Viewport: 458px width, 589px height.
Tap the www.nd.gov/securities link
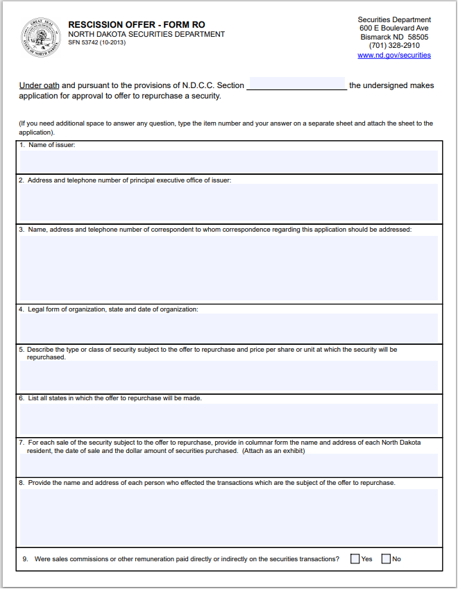[x=394, y=55]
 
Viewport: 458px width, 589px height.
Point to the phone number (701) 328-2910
[x=394, y=46]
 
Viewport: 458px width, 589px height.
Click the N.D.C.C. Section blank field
[x=296, y=85]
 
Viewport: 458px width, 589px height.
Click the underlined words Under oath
[x=40, y=85]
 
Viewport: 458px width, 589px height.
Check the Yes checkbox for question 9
[x=355, y=558]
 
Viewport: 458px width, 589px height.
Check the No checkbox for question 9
[x=386, y=558]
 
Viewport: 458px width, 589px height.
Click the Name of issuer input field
[x=229, y=161]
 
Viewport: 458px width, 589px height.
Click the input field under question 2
[x=229, y=202]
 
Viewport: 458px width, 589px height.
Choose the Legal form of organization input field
[x=229, y=327]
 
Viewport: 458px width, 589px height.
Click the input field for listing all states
[x=229, y=419]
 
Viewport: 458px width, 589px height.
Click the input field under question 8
[x=229, y=516]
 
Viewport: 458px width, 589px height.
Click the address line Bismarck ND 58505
[x=394, y=37]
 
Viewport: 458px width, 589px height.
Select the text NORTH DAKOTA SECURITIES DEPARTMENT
[x=146, y=34]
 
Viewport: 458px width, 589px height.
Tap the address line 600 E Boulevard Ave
[x=394, y=28]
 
